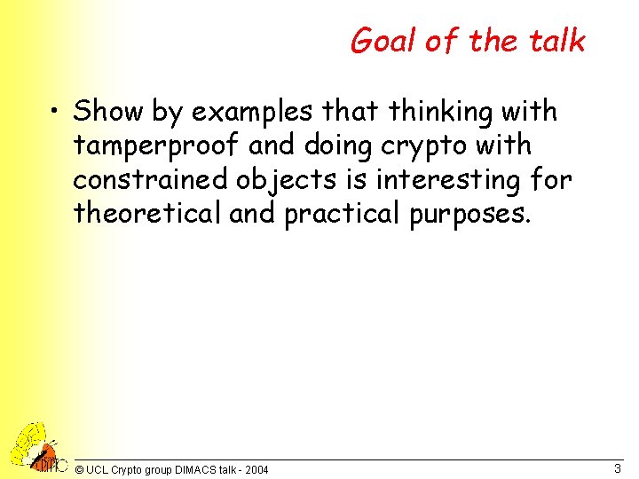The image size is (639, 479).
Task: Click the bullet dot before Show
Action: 56,114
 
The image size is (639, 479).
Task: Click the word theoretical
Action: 146,214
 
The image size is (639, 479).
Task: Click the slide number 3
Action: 617,467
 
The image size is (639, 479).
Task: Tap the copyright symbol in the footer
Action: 80,469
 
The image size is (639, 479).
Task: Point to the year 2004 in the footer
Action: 256,469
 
